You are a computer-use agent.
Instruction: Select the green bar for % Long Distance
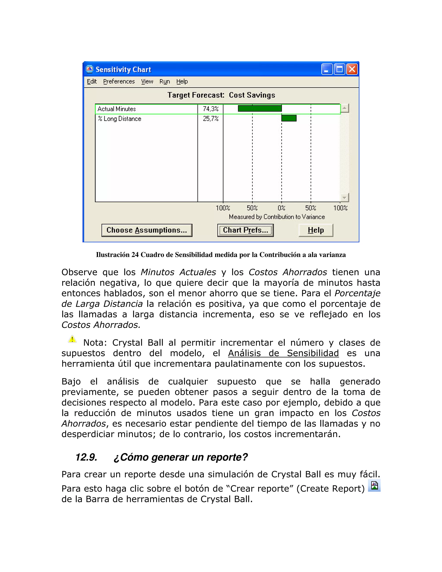tap(289, 118)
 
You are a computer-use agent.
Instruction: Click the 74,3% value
tap(210, 109)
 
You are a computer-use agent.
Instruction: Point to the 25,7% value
tap(210, 119)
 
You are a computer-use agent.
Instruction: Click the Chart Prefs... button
tap(245, 230)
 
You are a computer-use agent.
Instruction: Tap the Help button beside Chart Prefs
tap(316, 230)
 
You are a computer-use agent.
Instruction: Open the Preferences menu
tap(119, 81)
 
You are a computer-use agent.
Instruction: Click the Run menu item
tap(165, 81)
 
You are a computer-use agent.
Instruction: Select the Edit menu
tap(92, 81)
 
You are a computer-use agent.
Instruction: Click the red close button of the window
tap(352, 70)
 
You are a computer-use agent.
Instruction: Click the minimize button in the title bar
tap(327, 70)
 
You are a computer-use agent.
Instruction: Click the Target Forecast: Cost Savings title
tap(221, 95)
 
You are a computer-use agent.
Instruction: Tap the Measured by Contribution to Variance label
tap(277, 217)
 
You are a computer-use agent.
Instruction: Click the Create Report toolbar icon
tap(374, 485)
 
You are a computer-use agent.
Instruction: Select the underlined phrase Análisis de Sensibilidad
tap(283, 353)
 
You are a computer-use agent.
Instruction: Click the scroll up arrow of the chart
tap(345, 108)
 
